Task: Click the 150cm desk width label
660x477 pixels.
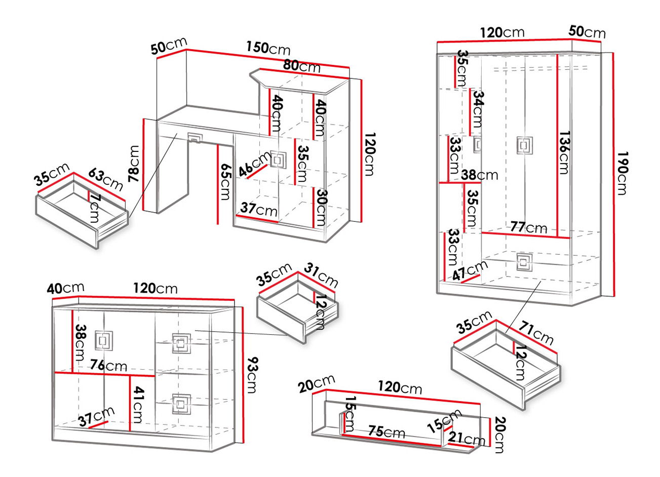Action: point(268,48)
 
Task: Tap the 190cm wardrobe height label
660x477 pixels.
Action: point(622,172)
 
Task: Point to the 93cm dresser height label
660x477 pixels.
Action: point(252,375)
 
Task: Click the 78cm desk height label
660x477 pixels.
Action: point(134,164)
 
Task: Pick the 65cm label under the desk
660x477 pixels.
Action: point(226,182)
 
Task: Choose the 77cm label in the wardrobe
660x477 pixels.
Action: point(528,227)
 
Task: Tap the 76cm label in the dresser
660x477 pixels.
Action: point(108,365)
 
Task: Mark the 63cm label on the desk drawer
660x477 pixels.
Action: point(106,178)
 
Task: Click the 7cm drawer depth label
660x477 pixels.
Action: point(94,208)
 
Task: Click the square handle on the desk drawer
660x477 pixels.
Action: point(195,137)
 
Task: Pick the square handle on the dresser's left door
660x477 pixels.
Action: point(103,341)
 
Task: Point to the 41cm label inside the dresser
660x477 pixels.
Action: point(137,405)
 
